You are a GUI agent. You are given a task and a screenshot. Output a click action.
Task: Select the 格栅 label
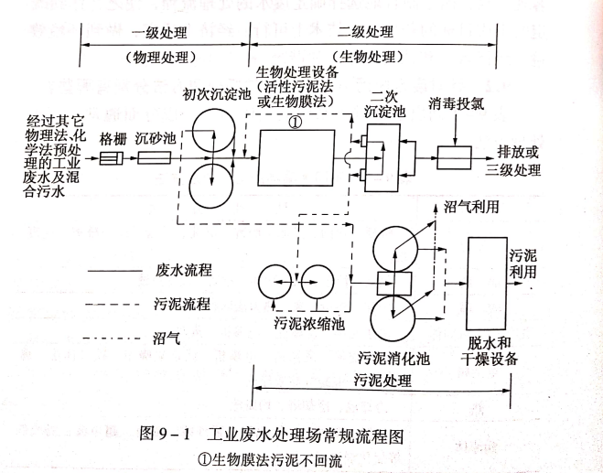(x=113, y=136)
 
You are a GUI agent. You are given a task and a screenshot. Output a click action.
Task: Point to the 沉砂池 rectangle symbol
(x=153, y=158)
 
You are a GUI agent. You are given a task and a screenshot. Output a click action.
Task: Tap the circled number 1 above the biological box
(x=295, y=120)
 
